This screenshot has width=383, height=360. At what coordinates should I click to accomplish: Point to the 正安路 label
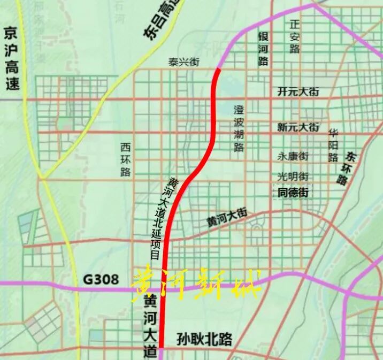[x=295, y=37]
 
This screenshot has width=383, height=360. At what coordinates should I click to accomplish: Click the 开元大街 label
[x=298, y=92]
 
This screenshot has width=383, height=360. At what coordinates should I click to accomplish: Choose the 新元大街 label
[x=298, y=128]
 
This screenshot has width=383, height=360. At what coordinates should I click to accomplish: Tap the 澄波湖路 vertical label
[x=238, y=128]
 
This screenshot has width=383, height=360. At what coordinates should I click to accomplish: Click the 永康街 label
[x=293, y=157]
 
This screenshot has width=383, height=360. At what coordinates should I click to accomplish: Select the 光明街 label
[x=293, y=176]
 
